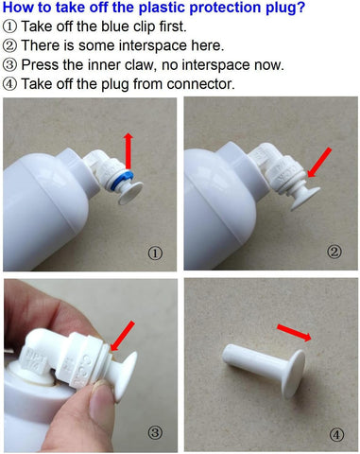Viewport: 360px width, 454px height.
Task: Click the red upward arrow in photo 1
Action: click(x=129, y=150)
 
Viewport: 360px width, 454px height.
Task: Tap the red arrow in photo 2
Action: click(x=319, y=163)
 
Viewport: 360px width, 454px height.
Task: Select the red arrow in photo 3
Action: click(x=123, y=336)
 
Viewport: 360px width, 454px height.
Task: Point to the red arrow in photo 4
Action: click(x=294, y=333)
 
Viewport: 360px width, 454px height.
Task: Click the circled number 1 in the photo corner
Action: click(x=155, y=253)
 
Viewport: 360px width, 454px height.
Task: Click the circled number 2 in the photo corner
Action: click(x=334, y=252)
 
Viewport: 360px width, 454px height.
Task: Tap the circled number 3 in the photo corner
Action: click(x=155, y=432)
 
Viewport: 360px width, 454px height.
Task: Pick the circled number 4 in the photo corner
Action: click(x=336, y=435)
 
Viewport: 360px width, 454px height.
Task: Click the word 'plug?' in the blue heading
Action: click(x=285, y=8)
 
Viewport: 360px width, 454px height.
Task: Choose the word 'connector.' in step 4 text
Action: click(x=201, y=84)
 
